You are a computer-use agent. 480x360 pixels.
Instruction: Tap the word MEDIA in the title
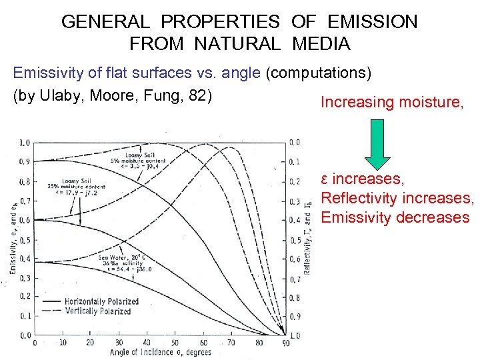(321, 44)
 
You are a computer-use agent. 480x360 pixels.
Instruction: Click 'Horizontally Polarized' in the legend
(101, 301)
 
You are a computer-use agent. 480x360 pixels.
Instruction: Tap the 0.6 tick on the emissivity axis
(24, 220)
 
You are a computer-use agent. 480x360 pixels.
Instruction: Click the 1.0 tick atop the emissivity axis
(24, 142)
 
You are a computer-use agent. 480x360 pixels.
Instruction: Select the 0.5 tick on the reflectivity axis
(295, 239)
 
